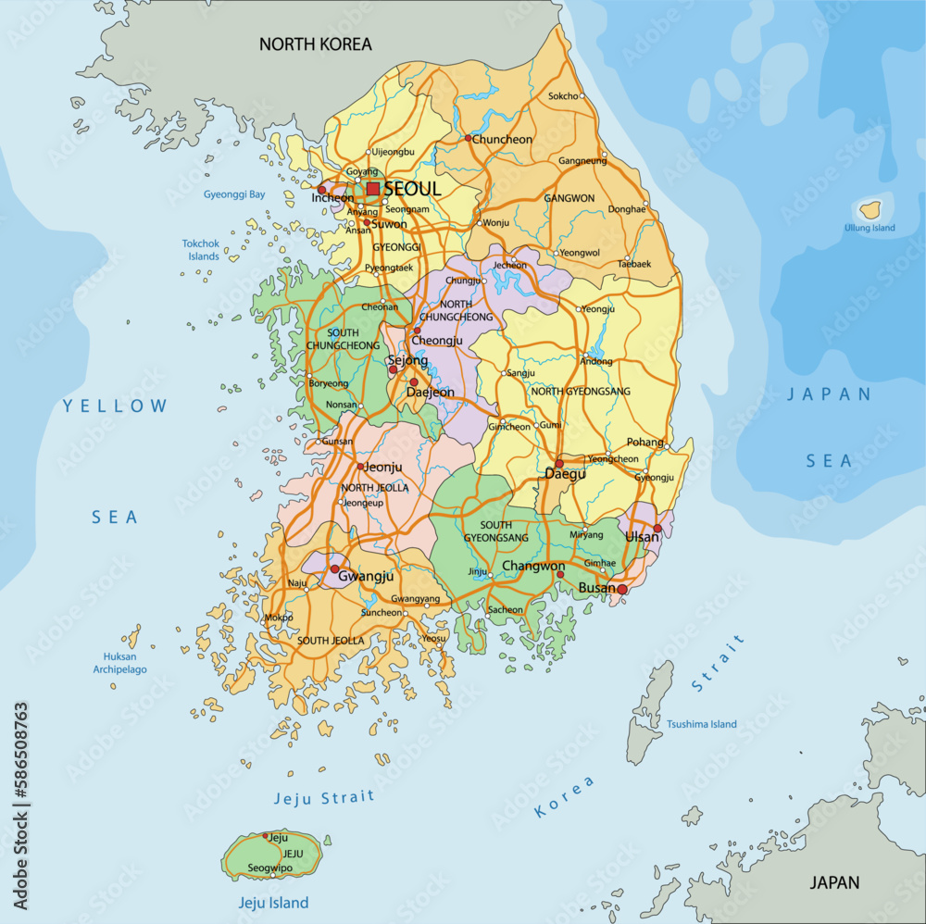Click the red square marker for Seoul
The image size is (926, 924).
pos(373,189)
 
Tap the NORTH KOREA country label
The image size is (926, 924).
pos(315,44)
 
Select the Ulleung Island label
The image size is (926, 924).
pos(870,228)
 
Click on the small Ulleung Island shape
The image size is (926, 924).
pos(870,209)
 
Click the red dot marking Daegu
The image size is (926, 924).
pos(559,463)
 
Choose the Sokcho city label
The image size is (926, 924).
pos(563,96)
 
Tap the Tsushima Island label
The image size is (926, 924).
pos(702,724)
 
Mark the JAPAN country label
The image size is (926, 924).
pos(835,882)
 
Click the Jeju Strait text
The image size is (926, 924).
pos(324,797)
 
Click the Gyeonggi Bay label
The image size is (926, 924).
pos(234,194)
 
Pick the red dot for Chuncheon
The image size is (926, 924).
pos(469,139)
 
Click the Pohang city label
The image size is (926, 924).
pos(645,443)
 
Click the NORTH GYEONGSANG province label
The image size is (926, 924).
pos(573,392)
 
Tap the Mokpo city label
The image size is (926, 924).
pos(278,617)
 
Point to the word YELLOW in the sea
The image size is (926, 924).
pos(116,406)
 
